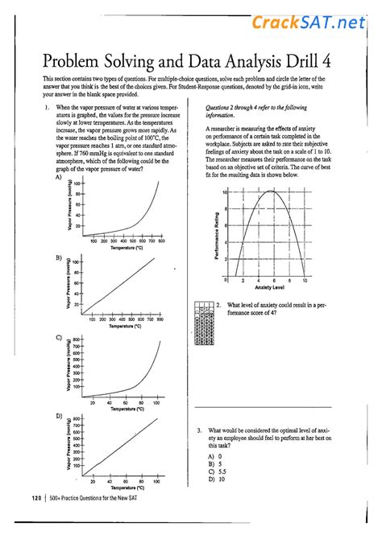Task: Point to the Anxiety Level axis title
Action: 268,287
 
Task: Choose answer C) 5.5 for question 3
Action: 215,471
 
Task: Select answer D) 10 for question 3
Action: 214,479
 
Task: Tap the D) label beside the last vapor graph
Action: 58,415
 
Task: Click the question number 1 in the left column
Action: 48,105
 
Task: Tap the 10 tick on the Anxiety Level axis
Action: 305,280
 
